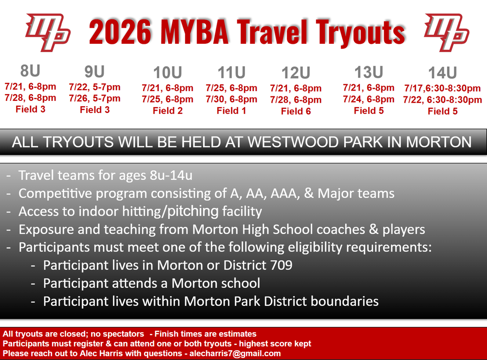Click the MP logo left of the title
tap(48, 32)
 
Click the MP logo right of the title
tap(446, 32)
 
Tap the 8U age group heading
tap(30, 71)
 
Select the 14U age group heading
tap(442, 73)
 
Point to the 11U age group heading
tap(231, 73)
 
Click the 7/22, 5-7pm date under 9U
tap(95, 87)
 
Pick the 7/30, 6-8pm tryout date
tap(231, 99)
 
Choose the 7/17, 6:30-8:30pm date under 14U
tap(442, 88)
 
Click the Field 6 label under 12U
tap(296, 111)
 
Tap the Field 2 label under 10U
tap(168, 111)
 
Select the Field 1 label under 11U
tap(231, 111)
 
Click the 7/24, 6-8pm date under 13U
tap(369, 99)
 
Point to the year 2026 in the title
tap(120, 32)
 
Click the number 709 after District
tap(281, 265)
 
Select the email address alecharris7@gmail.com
tap(235, 354)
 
